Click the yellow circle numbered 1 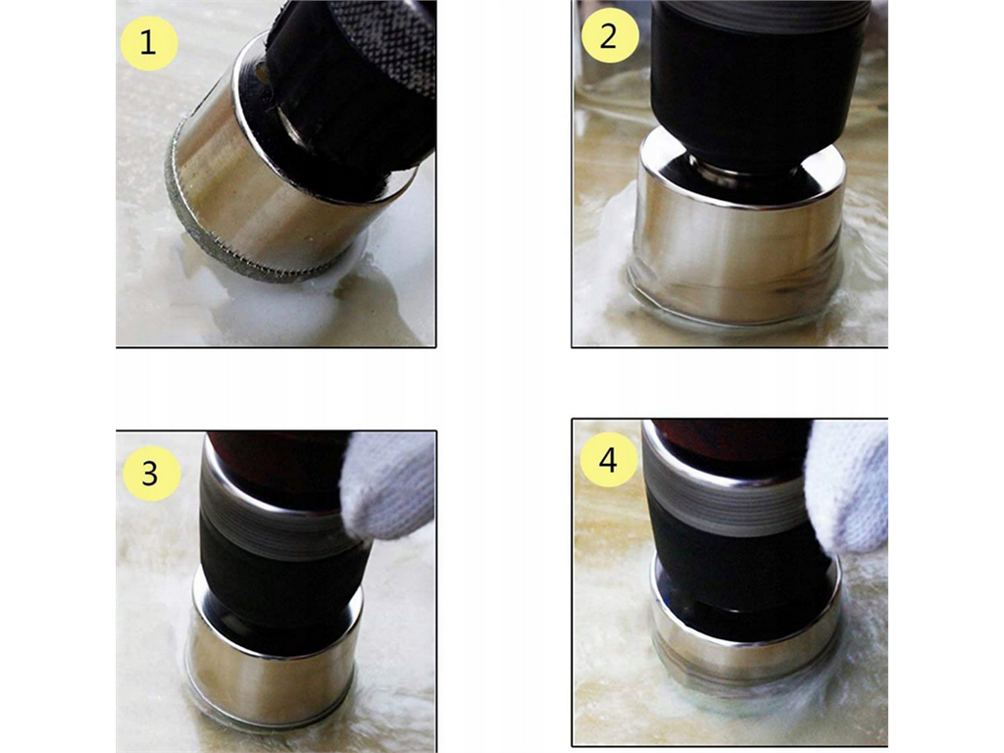(149, 43)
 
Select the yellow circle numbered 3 (151, 474)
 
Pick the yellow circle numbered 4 (608, 459)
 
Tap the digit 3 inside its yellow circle (149, 474)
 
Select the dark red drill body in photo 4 (729, 442)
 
